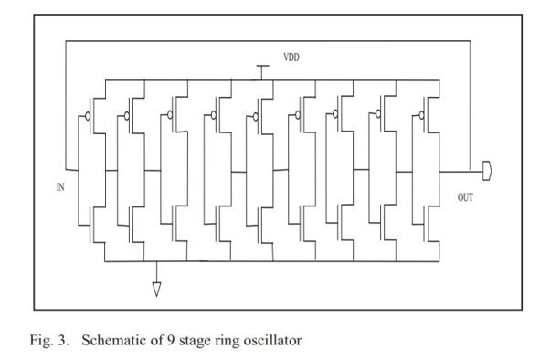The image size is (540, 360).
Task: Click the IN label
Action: [x=60, y=187]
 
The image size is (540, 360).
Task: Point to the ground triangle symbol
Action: [x=156, y=289]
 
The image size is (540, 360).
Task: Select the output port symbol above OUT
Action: [x=486, y=169]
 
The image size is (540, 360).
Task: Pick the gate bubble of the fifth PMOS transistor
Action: [x=254, y=115]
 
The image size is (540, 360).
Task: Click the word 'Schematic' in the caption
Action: [x=113, y=341]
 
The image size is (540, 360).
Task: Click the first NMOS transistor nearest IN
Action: [x=95, y=220]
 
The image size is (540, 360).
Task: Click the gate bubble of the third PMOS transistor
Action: [x=171, y=115]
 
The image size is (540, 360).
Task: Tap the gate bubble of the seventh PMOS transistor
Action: [x=337, y=115]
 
